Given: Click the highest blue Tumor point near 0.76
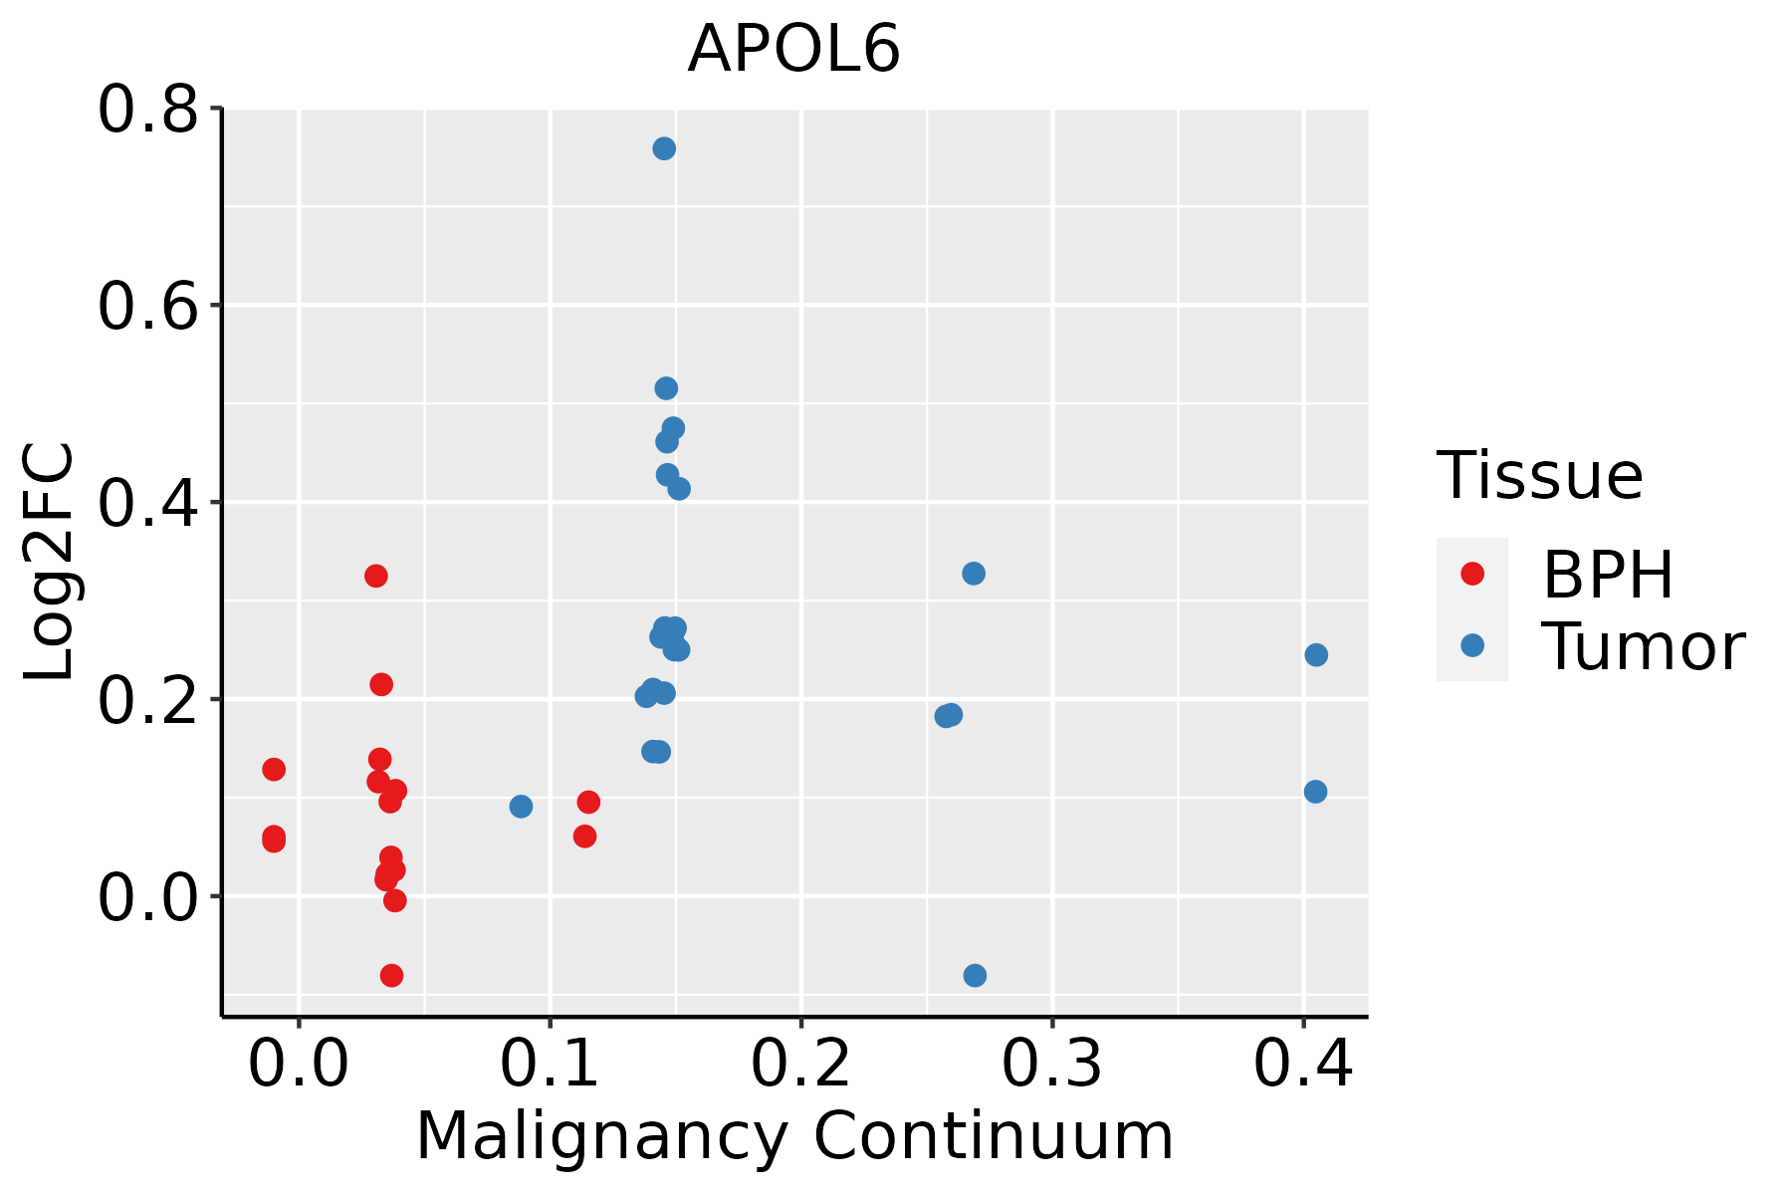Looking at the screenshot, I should tap(664, 148).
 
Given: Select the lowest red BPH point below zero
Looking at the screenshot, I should tap(391, 975).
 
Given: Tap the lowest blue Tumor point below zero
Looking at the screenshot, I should tap(975, 975).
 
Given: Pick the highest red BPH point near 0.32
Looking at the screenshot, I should tap(375, 576).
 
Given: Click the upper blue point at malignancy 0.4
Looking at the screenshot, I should tap(1316, 654).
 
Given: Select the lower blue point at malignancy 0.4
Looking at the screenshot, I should tap(1315, 792).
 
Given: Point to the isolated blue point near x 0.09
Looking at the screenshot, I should tap(521, 806).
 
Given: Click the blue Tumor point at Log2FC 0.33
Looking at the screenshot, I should tap(974, 574).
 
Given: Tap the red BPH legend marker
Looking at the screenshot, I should tap(1471, 574).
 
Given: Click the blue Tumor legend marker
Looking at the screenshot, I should tap(1471, 645).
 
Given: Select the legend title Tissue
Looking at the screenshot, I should tap(1539, 476).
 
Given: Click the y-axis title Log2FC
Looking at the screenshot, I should tap(50, 562).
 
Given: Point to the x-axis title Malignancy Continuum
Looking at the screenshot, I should tap(793, 1136).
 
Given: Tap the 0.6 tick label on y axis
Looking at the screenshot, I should tap(146, 306).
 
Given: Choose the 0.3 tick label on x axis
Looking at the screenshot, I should tap(1051, 1064).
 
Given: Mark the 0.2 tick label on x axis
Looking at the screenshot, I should tap(800, 1064).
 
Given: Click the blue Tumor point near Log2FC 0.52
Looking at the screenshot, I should tap(666, 387).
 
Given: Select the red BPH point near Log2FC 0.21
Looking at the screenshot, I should tap(381, 684).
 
